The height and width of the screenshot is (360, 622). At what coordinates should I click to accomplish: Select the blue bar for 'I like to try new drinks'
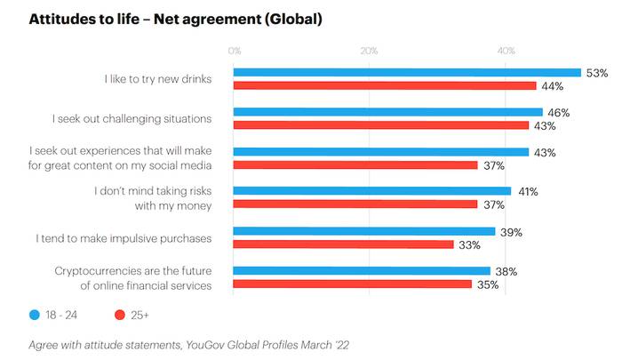point(407,73)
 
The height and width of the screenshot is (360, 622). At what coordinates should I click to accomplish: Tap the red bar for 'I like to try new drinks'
point(385,85)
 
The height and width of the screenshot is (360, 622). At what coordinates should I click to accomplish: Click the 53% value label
point(597,73)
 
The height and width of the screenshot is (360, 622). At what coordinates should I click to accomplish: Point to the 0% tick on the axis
point(235,52)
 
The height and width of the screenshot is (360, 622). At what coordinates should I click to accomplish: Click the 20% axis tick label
point(370,52)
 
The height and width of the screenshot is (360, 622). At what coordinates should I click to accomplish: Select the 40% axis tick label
point(506,52)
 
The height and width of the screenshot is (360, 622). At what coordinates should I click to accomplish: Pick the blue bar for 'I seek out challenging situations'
point(388,112)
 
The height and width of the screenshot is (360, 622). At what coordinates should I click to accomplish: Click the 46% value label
point(559,113)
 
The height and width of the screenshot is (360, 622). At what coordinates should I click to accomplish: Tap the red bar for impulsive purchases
point(344,244)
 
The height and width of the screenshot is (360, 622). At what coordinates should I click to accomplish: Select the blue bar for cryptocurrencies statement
point(362,271)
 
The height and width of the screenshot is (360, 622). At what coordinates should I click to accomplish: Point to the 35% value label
point(487,285)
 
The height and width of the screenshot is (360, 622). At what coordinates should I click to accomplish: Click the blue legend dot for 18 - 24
point(35,315)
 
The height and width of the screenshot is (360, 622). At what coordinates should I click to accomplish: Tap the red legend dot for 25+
point(119,315)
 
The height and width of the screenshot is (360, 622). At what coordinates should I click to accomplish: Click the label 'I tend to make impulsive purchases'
point(124,238)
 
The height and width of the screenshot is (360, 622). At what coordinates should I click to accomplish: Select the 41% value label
point(527,191)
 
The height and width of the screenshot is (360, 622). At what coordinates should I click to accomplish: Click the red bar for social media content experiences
point(356,165)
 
